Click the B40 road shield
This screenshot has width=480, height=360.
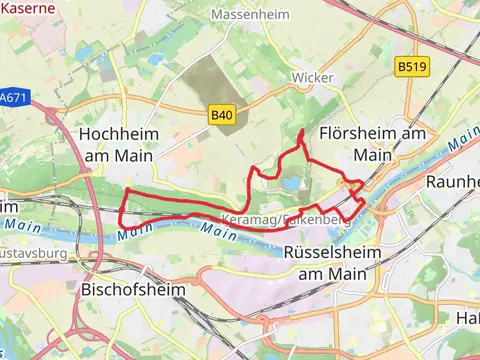[222, 116]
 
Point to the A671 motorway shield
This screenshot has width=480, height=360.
[13, 99]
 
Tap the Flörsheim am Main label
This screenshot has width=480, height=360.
[374, 144]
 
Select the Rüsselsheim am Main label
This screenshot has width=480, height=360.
[332, 262]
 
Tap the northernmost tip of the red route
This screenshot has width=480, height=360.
[302, 131]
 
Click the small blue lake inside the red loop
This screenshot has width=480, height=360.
[291, 184]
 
